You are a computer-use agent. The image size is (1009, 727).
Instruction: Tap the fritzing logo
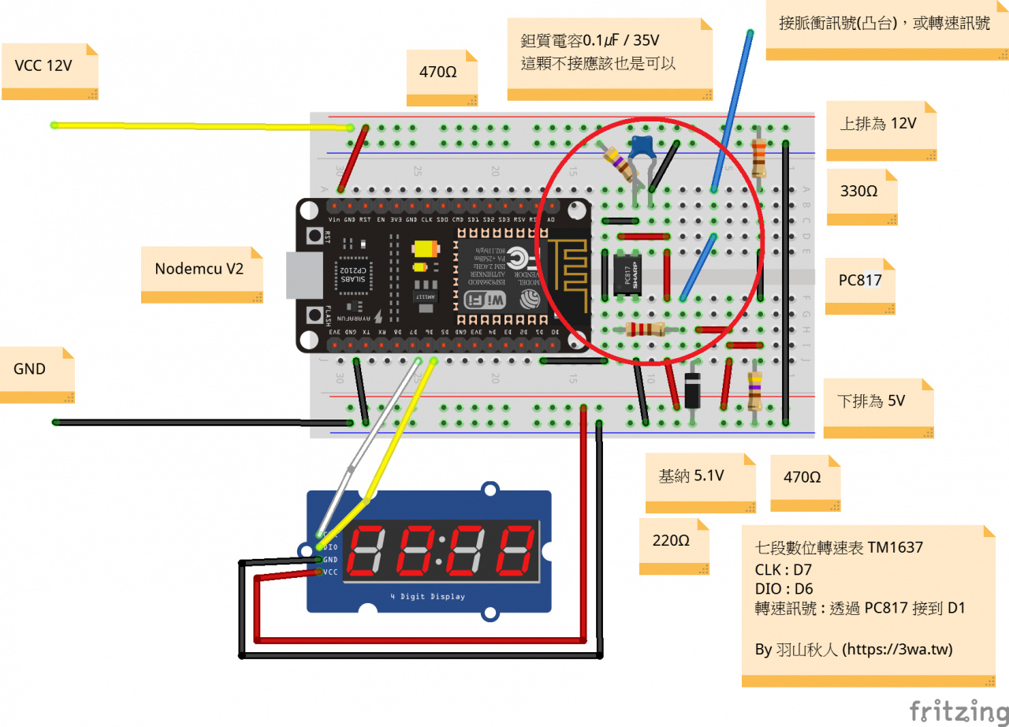click(x=959, y=709)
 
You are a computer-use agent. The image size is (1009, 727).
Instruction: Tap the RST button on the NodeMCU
click(x=313, y=237)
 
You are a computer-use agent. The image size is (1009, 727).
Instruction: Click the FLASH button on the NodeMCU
click(x=313, y=314)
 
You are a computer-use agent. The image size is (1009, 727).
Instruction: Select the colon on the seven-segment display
click(x=438, y=549)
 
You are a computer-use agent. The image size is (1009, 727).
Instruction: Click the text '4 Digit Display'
click(x=427, y=596)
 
